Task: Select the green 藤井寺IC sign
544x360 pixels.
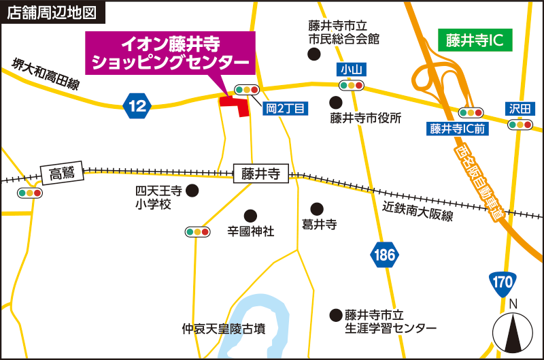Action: pyautogui.click(x=475, y=40)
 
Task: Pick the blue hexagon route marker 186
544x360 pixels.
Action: pyautogui.click(x=384, y=255)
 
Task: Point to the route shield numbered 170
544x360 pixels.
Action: pyautogui.click(x=503, y=281)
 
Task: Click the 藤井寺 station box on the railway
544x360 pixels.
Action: pyautogui.click(x=260, y=174)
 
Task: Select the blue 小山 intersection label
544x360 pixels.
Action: pyautogui.click(x=350, y=69)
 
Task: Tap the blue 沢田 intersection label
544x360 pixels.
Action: pyautogui.click(x=521, y=108)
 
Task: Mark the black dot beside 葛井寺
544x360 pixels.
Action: pyautogui.click(x=317, y=208)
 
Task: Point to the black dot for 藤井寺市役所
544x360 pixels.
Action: pyautogui.click(x=335, y=102)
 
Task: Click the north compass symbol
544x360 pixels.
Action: pyautogui.click(x=515, y=331)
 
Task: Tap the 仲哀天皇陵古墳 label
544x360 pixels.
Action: pyautogui.click(x=223, y=329)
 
